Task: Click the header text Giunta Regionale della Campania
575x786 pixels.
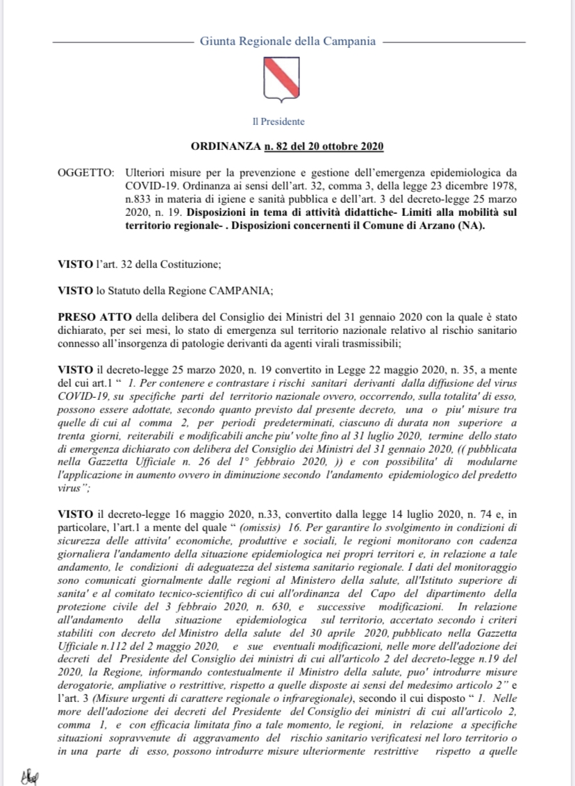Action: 287,41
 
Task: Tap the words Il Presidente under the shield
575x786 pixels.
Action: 278,122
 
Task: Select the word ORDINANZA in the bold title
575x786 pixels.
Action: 222,147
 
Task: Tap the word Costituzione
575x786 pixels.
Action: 196,264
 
